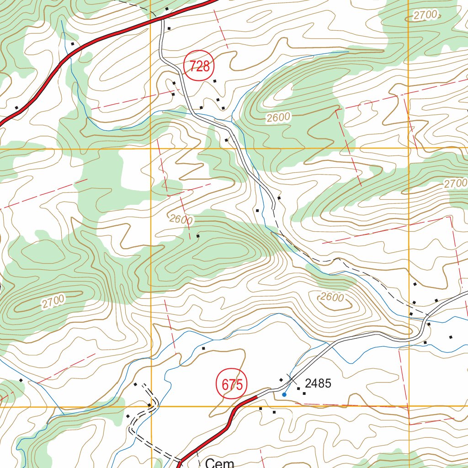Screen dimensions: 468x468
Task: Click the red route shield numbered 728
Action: click(199, 67)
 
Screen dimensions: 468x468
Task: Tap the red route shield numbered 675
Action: click(231, 384)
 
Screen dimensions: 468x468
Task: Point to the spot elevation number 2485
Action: click(318, 383)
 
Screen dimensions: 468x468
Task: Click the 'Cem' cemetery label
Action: click(219, 463)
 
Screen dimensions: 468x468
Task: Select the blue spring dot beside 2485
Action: click(284, 394)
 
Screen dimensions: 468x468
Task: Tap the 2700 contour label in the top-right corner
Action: click(425, 15)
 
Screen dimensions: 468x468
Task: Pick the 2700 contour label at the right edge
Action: click(455, 184)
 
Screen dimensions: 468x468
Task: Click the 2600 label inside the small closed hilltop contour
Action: click(332, 297)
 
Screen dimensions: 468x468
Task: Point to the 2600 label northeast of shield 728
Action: click(278, 117)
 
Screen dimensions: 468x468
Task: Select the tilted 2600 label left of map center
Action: click(181, 219)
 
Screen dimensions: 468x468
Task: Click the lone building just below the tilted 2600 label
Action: click(198, 236)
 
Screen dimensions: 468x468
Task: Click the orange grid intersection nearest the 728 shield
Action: click(151, 149)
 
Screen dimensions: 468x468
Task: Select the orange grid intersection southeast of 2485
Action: click(408, 406)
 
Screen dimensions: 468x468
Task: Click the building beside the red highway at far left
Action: click(16, 108)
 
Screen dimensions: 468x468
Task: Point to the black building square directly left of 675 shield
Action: click(204, 348)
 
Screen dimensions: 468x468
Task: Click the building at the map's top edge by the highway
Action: click(167, 9)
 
